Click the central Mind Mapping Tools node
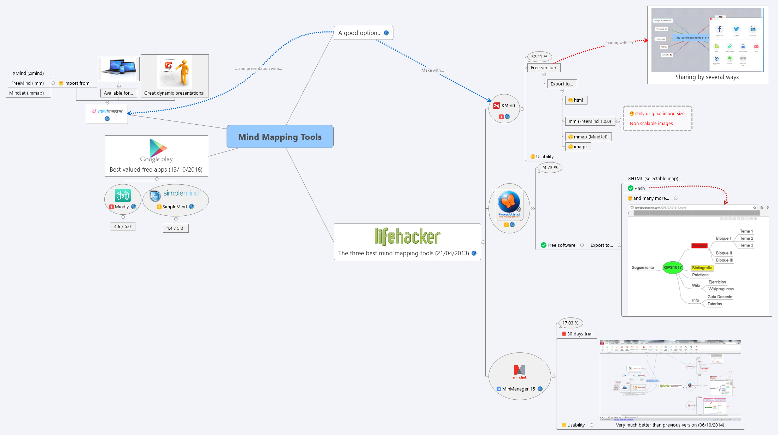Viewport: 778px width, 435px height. point(280,137)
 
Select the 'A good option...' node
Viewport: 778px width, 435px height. point(360,33)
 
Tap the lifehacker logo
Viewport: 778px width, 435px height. point(407,237)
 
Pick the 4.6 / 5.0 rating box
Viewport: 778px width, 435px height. point(123,227)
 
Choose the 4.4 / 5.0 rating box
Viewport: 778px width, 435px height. point(175,228)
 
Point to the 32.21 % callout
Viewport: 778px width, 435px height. point(539,56)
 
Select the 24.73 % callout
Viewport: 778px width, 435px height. point(549,168)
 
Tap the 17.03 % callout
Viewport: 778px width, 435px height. point(570,323)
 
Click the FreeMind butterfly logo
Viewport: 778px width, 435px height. point(509,202)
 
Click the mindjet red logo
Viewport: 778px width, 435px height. point(519,370)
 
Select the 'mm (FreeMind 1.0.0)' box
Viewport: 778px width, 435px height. point(590,121)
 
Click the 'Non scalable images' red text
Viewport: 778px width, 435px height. point(651,124)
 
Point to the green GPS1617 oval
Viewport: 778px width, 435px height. point(672,268)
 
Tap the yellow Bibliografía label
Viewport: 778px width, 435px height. point(702,268)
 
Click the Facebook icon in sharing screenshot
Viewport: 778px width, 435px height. point(719,29)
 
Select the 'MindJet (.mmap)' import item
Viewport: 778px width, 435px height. point(27,93)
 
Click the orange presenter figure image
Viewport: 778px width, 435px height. point(182,72)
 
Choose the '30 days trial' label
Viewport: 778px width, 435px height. point(579,334)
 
